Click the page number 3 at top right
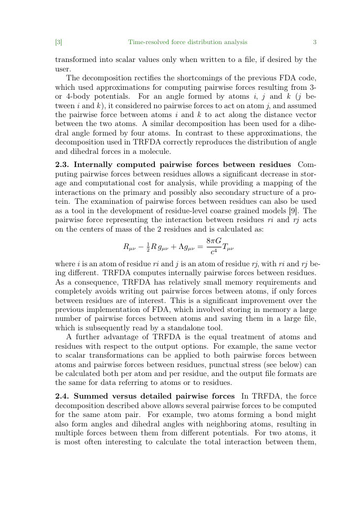pyautogui.click(x=314, y=42)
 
